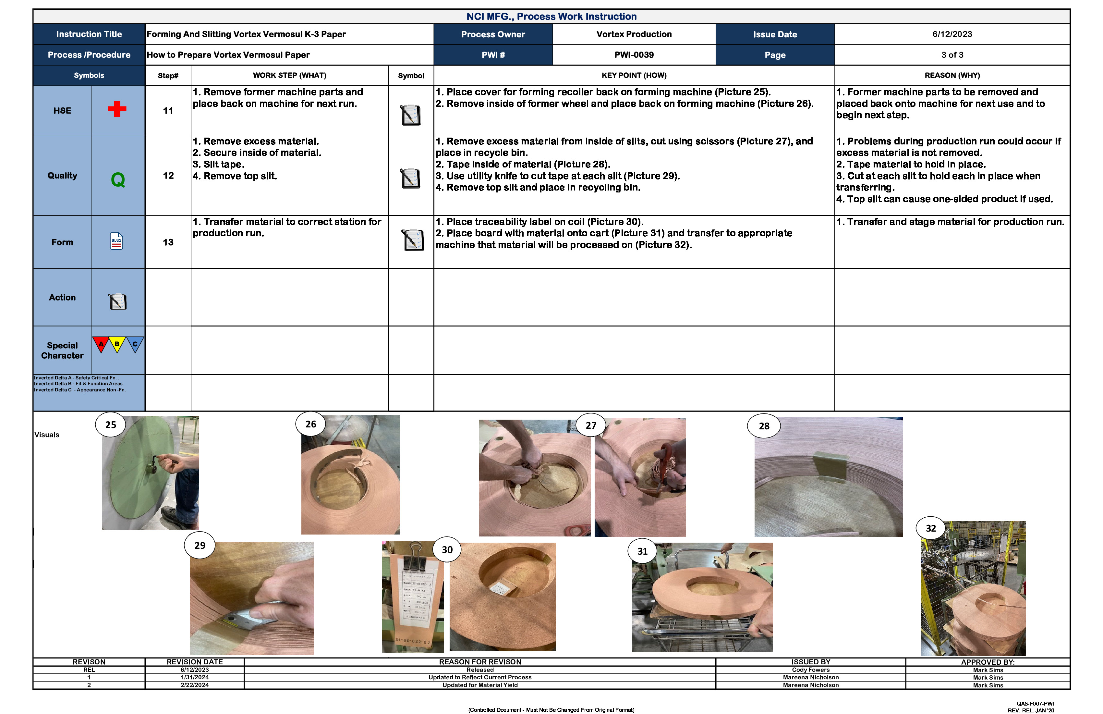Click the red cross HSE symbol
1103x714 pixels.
117,109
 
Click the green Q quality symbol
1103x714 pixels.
118,179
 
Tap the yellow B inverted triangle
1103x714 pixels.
117,344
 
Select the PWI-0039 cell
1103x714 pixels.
634,55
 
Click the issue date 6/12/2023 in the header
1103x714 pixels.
952,34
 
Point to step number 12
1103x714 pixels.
168,176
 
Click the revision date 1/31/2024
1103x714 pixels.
195,677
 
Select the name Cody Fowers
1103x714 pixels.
811,670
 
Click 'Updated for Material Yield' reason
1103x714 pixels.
480,685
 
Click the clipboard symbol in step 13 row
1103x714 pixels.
412,240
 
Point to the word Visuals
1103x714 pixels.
47,435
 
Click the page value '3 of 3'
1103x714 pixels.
952,55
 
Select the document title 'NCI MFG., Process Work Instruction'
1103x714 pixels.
551,17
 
